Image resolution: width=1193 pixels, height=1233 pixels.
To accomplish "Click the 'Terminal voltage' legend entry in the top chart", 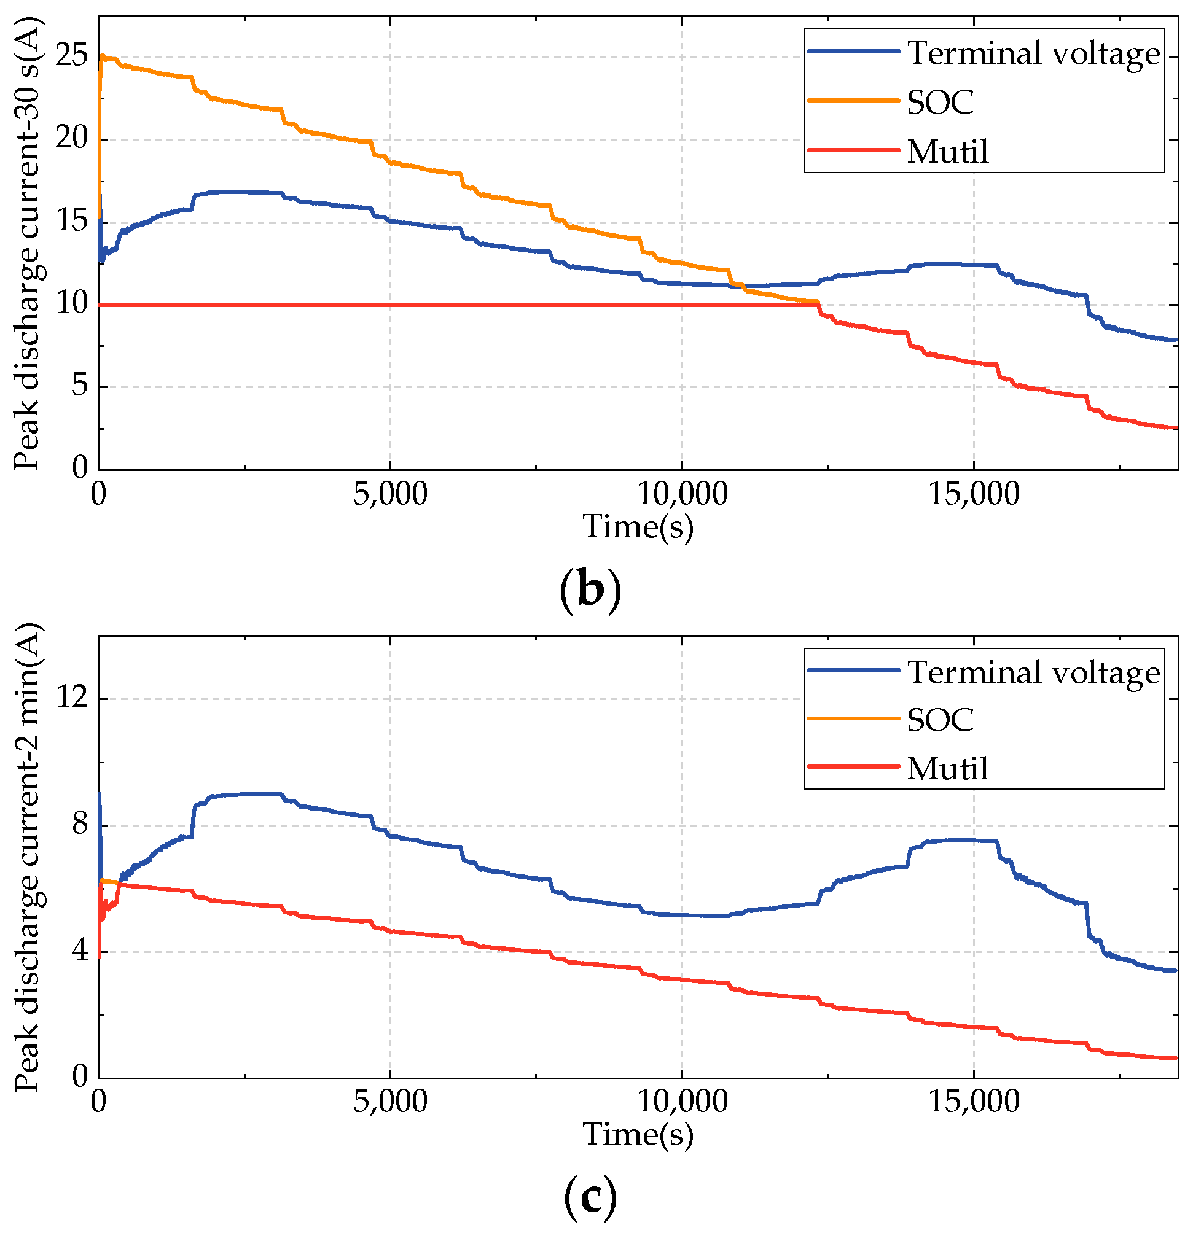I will tap(1033, 53).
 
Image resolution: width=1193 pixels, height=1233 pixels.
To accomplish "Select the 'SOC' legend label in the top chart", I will tap(939, 102).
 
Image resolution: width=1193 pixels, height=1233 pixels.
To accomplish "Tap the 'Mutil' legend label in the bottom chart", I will tap(947, 768).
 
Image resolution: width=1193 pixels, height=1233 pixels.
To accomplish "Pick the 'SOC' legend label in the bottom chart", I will tap(939, 719).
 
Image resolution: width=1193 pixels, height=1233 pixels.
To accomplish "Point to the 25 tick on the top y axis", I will tap(71, 57).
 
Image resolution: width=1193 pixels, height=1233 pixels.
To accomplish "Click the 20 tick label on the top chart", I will tap(71, 139).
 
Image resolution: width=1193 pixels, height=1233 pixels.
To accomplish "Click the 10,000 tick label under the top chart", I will tap(682, 495).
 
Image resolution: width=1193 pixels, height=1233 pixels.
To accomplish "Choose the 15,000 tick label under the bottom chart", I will tap(974, 1102).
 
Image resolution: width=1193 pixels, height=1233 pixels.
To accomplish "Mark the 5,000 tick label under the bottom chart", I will tap(389, 1102).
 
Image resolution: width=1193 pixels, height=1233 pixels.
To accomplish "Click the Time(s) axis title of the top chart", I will tap(638, 526).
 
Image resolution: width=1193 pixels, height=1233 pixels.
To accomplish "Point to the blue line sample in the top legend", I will tap(853, 52).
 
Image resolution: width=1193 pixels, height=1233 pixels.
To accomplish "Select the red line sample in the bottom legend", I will tap(853, 767).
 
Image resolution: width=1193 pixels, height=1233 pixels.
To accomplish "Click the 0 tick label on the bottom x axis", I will tap(99, 1102).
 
